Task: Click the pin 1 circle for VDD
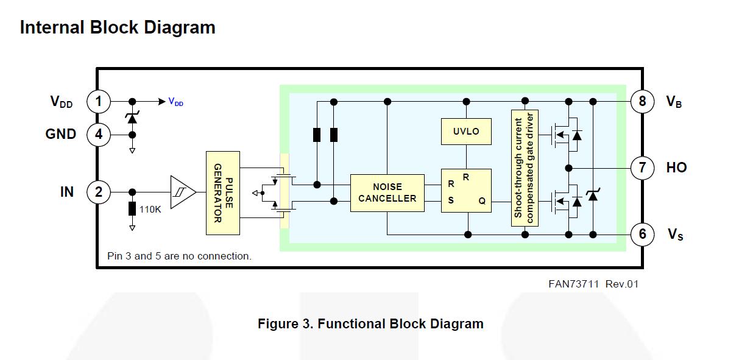point(99,101)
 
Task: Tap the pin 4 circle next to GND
point(99,135)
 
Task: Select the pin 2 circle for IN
point(99,192)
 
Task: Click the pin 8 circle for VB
point(642,101)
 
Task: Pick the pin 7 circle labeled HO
point(642,168)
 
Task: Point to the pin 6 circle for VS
point(642,234)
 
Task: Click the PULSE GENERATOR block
point(223,192)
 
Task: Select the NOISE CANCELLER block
point(387,192)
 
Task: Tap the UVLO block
point(466,131)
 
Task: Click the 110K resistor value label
point(150,209)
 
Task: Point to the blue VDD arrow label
point(175,102)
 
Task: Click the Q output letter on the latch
point(482,201)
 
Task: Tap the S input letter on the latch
point(451,200)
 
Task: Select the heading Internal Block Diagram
point(118,27)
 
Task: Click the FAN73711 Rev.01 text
point(593,283)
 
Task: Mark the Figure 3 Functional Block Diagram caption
point(370,323)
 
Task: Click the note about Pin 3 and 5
point(179,256)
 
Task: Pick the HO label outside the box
point(676,168)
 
